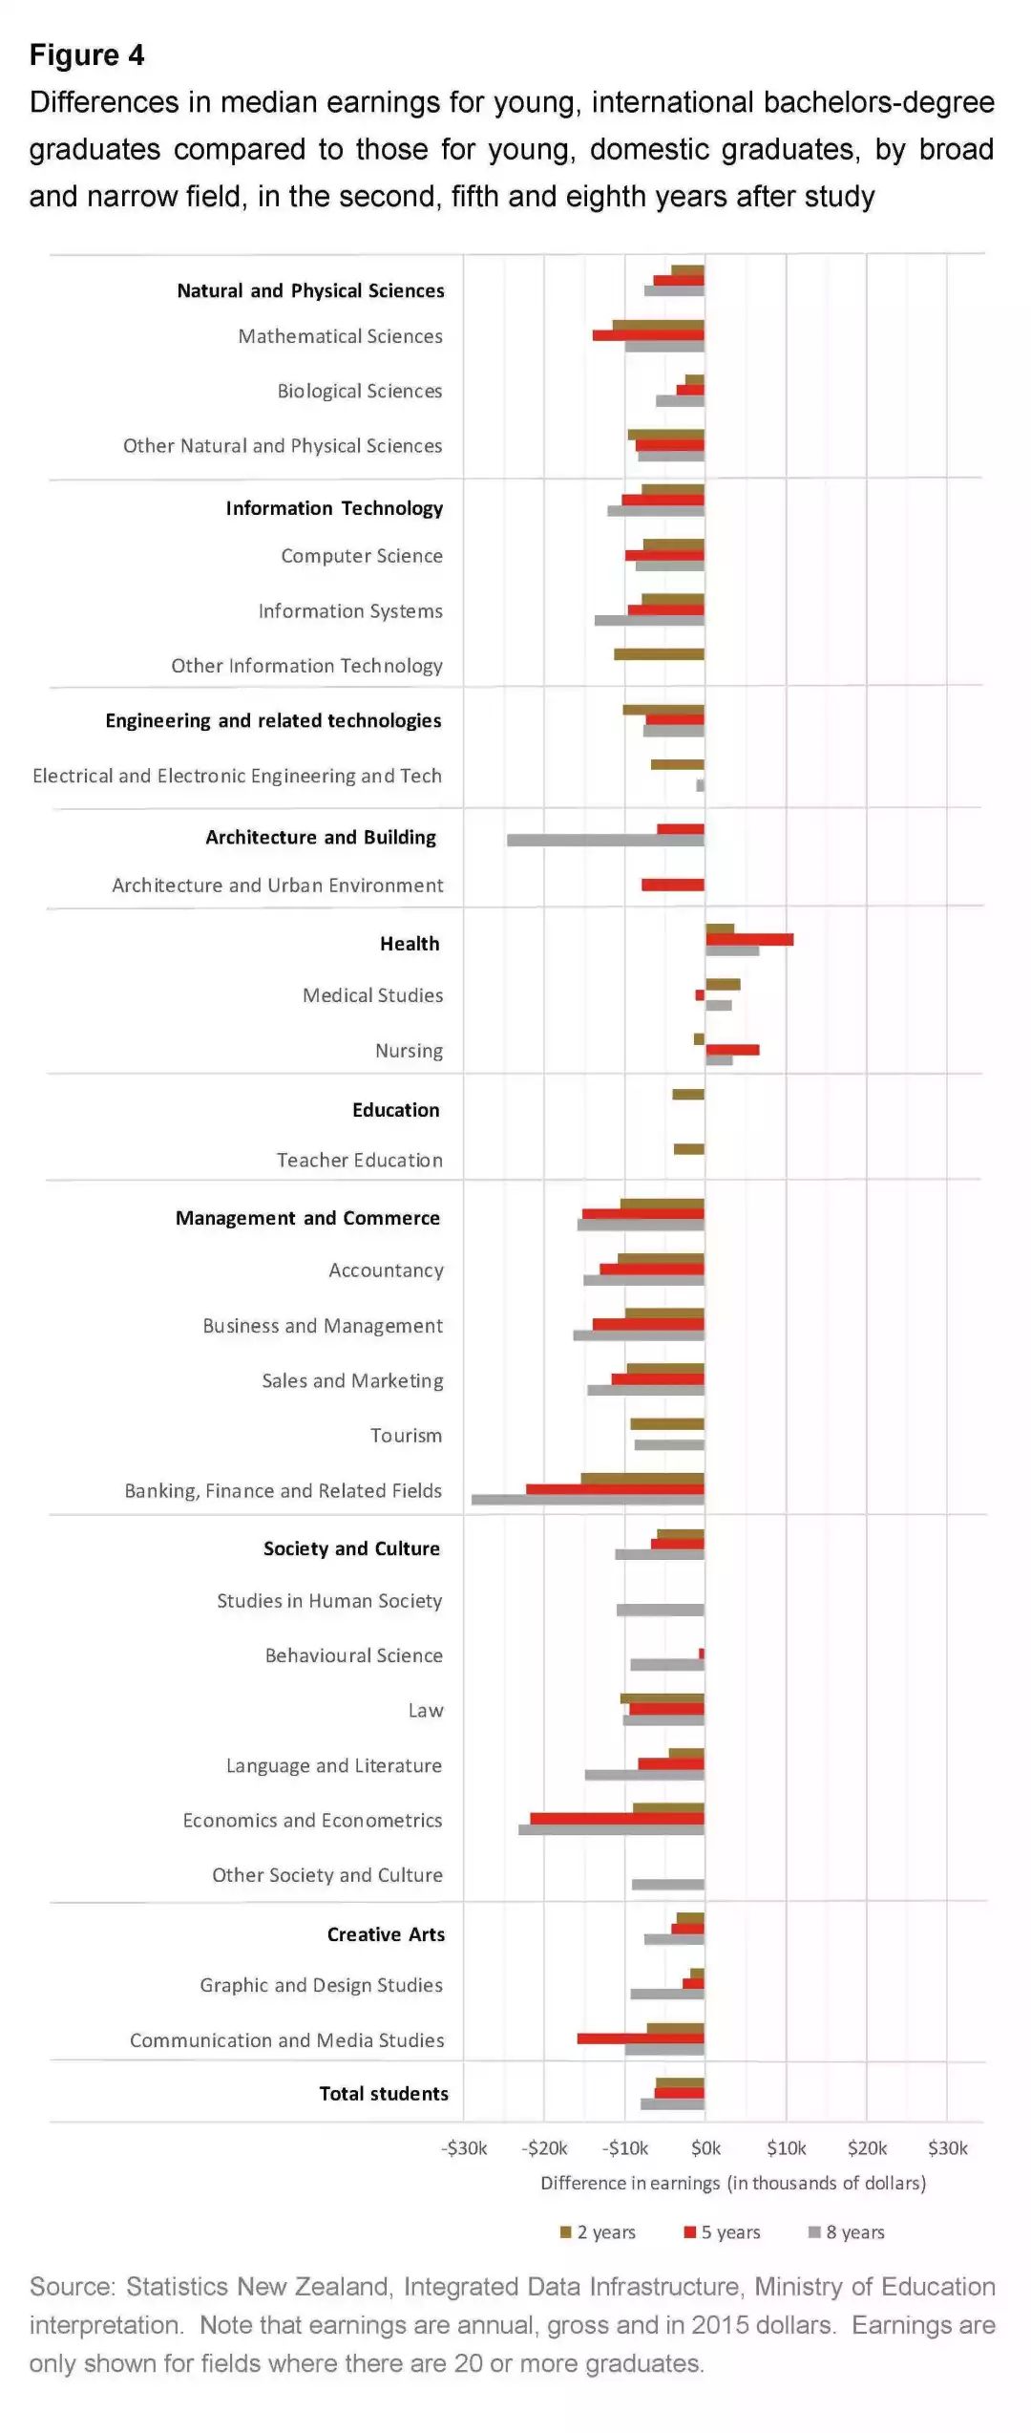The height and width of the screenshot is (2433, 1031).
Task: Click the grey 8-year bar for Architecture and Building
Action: pyautogui.click(x=605, y=841)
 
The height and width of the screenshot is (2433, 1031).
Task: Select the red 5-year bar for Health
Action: pyautogui.click(x=749, y=940)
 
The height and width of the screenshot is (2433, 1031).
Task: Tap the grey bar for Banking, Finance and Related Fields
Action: pyautogui.click(x=588, y=1500)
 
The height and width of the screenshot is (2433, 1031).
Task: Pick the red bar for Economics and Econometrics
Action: pyautogui.click(x=617, y=1819)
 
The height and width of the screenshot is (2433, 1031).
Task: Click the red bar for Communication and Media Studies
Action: pyautogui.click(x=641, y=2038)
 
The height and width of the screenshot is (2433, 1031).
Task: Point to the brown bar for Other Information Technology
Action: pyautogui.click(x=659, y=654)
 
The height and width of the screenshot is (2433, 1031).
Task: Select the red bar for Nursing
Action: pyautogui.click(x=732, y=1050)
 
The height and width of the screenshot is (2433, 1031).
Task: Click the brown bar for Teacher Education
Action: pyautogui.click(x=688, y=1149)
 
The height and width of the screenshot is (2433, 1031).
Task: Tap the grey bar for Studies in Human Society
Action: pyautogui.click(x=660, y=1610)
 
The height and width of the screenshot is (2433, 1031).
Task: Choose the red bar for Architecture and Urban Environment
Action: pyautogui.click(x=673, y=886)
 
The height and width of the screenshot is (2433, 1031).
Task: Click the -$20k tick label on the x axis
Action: pyautogui.click(x=545, y=2148)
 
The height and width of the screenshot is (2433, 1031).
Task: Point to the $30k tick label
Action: pyautogui.click(x=948, y=2148)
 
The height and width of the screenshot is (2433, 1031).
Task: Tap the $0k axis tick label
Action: pyautogui.click(x=705, y=2148)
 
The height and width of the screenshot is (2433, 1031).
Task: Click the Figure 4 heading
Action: pyautogui.click(x=87, y=55)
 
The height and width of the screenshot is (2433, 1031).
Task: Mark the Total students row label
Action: pyautogui.click(x=384, y=2094)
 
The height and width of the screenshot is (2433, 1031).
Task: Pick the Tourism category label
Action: pyautogui.click(x=406, y=1436)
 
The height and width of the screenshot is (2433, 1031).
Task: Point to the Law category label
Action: pyautogui.click(x=426, y=1711)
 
